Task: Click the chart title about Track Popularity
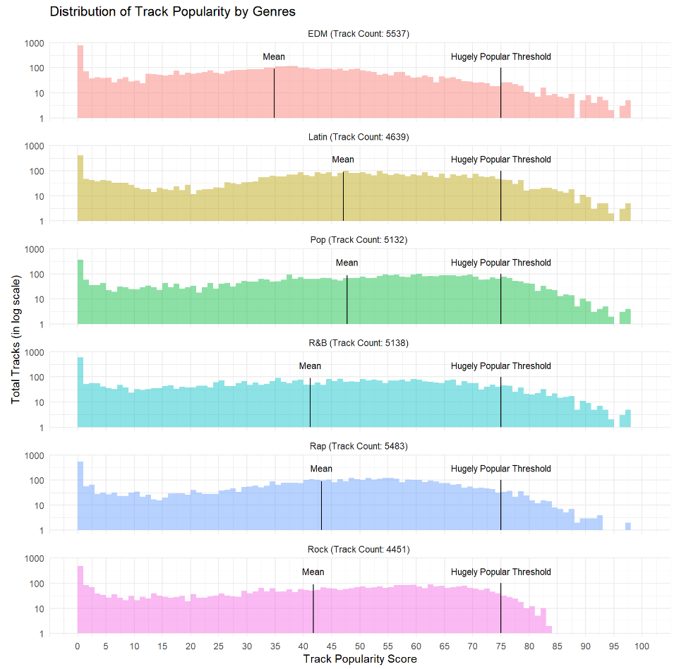[172, 11]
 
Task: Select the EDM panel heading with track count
[359, 33]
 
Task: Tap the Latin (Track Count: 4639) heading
[359, 136]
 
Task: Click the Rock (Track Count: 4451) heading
[359, 549]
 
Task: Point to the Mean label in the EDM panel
[274, 56]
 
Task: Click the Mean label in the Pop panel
[347, 263]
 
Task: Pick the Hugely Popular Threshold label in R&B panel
[500, 366]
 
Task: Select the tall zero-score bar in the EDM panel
[80, 82]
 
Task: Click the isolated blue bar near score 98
[627, 526]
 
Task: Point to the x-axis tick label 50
[359, 646]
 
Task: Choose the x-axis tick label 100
[642, 646]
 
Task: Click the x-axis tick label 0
[78, 646]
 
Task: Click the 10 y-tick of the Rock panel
[39, 608]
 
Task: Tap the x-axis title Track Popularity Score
[359, 659]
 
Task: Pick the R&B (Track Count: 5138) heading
[359, 343]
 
